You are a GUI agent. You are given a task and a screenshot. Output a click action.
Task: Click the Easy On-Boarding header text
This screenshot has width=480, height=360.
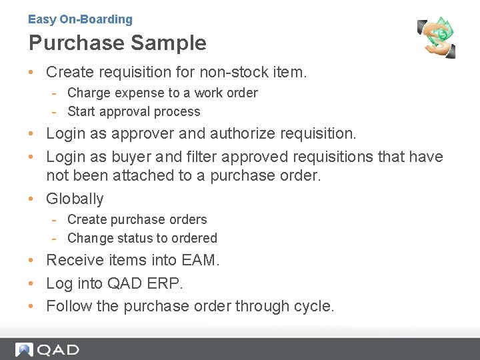(x=80, y=19)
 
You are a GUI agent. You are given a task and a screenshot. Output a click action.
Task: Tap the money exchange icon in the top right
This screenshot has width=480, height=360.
(x=437, y=38)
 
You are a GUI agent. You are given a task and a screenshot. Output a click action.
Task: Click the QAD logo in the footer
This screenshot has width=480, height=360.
(x=48, y=349)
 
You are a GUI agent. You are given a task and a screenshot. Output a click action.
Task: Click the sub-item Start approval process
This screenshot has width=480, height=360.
(x=133, y=111)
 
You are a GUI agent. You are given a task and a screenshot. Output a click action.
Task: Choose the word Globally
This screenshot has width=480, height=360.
(x=75, y=199)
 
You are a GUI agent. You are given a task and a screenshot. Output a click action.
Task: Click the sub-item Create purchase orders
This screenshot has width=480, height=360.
(x=137, y=219)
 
